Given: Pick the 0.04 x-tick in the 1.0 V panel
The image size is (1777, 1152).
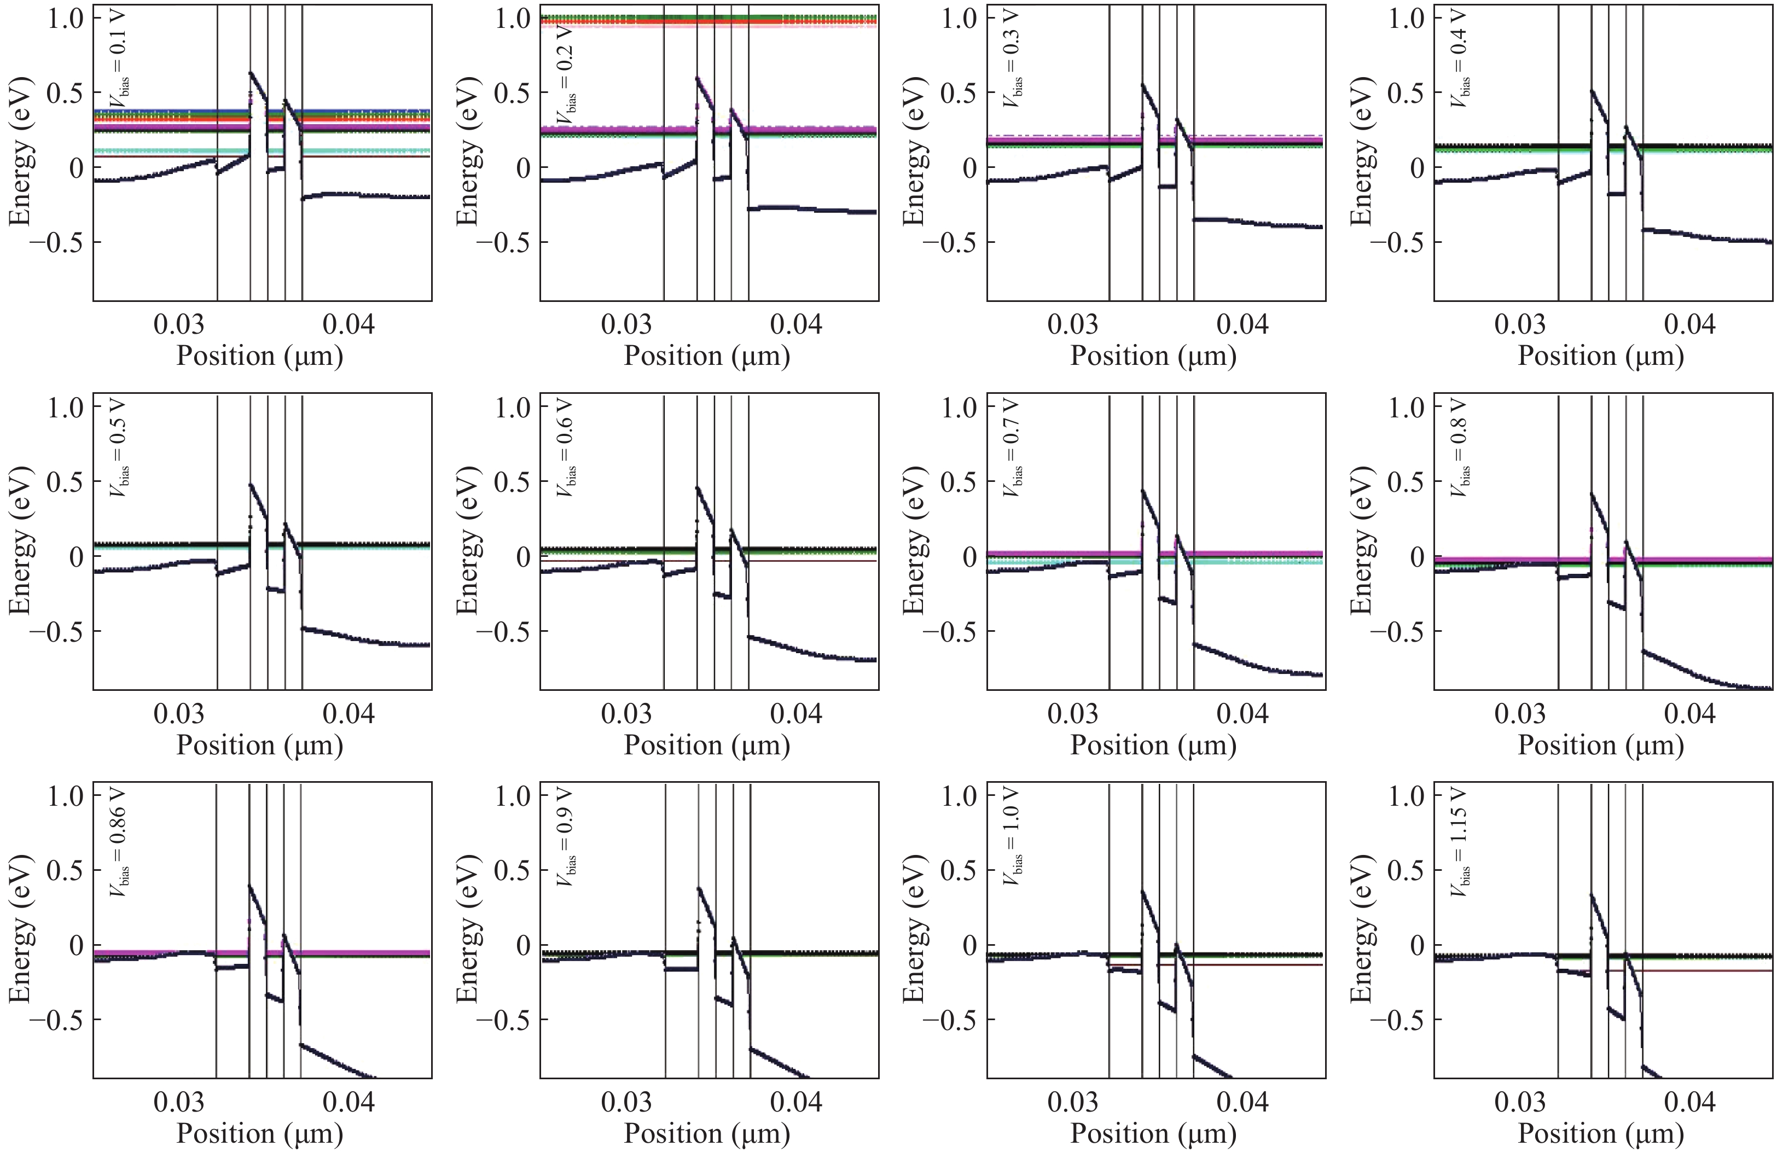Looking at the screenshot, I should click(1242, 1102).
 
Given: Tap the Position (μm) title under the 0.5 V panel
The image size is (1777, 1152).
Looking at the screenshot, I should click(259, 745).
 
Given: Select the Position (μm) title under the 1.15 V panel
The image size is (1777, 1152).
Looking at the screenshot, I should click(1601, 1133).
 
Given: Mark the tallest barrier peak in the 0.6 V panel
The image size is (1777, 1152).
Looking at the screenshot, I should click(698, 487).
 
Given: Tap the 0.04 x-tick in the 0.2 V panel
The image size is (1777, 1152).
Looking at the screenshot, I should click(796, 325).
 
